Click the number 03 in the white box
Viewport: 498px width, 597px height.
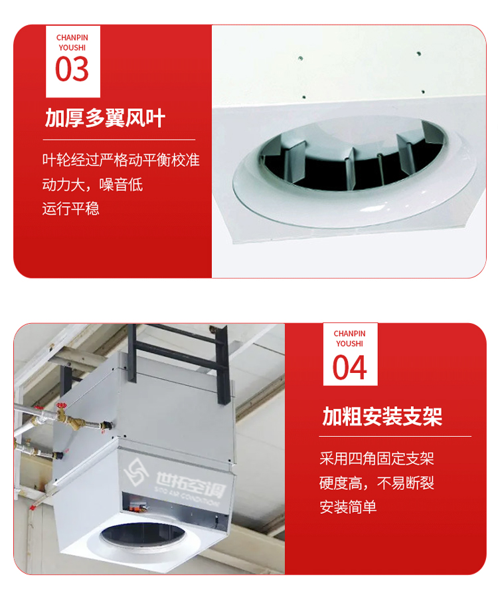[x=72, y=69]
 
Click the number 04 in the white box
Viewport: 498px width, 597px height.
[x=350, y=368]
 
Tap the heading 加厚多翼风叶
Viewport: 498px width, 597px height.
[x=105, y=118]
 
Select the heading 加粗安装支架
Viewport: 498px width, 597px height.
[x=382, y=416]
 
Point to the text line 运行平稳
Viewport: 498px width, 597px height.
[x=70, y=209]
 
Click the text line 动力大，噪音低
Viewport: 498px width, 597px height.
[x=92, y=185]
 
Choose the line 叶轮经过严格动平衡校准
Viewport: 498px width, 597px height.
[x=121, y=160]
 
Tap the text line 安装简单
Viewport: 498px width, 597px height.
[x=348, y=507]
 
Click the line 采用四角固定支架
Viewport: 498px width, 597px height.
[x=376, y=459]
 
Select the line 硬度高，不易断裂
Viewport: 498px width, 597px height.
[x=376, y=483]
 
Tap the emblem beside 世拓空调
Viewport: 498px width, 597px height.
[x=136, y=472]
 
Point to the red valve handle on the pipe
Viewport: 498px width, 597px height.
[x=61, y=406]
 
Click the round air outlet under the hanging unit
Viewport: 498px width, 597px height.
[x=142, y=535]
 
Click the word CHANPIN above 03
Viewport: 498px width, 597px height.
[x=72, y=38]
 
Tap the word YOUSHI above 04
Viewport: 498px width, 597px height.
[x=350, y=344]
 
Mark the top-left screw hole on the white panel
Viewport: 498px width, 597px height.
[x=300, y=59]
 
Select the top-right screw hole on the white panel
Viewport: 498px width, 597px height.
[x=418, y=54]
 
